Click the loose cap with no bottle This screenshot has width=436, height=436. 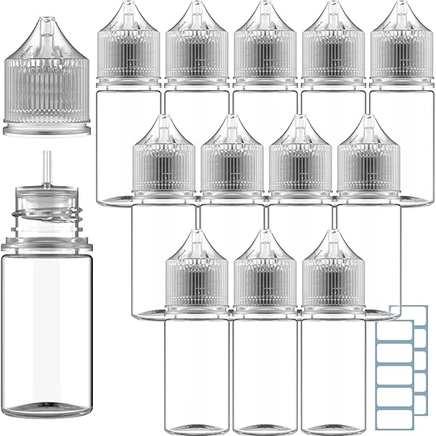pyautogui.click(x=49, y=84)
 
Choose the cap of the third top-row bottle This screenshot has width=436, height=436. pyautogui.click(x=264, y=54)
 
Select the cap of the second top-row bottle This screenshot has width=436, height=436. pyautogui.click(x=195, y=54)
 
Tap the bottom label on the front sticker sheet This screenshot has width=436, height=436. pyautogui.click(x=397, y=419)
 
